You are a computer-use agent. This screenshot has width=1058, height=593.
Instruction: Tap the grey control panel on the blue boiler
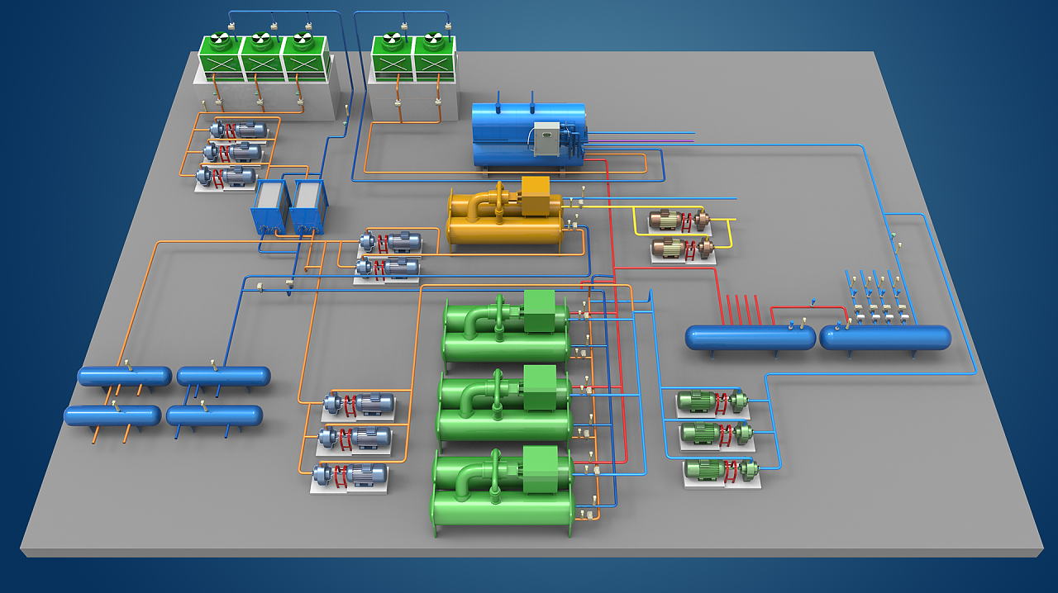coord(546,139)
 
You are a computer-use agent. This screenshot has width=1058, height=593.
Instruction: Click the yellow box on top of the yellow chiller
coord(536,197)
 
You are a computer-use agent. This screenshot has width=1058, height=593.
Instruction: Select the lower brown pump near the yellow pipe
coord(682,248)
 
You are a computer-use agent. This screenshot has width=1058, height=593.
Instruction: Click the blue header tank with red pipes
coord(750,337)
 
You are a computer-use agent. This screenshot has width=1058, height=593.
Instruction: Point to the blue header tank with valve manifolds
coord(884,337)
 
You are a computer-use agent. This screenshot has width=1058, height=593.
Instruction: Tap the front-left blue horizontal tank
coord(112,415)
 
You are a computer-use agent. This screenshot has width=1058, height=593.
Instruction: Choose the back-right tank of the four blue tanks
coord(223,377)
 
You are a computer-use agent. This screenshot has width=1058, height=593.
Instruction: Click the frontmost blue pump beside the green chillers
coord(351,474)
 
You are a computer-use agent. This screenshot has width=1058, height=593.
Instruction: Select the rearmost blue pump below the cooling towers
coord(240,130)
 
